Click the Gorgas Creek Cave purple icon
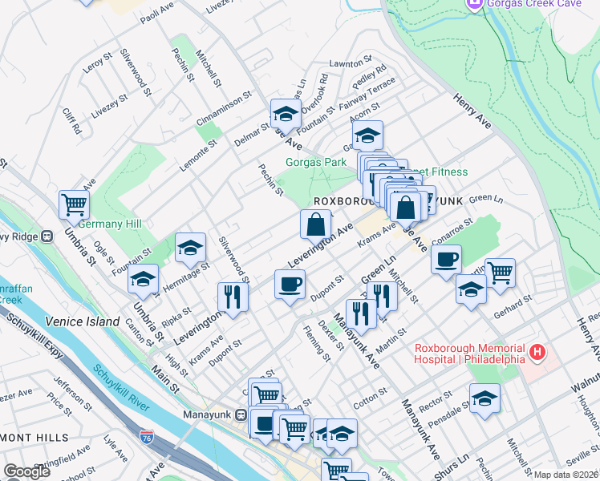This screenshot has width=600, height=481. point(474,5)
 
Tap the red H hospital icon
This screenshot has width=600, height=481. point(537,351)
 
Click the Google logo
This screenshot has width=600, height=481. point(26,471)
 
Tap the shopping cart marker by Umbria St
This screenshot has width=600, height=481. point(74,204)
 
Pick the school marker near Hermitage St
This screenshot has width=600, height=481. point(190,248)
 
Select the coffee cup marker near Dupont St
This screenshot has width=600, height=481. point(290,283)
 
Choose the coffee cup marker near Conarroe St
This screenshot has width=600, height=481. point(446,259)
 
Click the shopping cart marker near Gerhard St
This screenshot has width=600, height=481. point(500,272)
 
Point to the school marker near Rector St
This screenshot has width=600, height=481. point(484,398)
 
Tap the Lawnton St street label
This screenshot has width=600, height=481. point(347,63)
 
